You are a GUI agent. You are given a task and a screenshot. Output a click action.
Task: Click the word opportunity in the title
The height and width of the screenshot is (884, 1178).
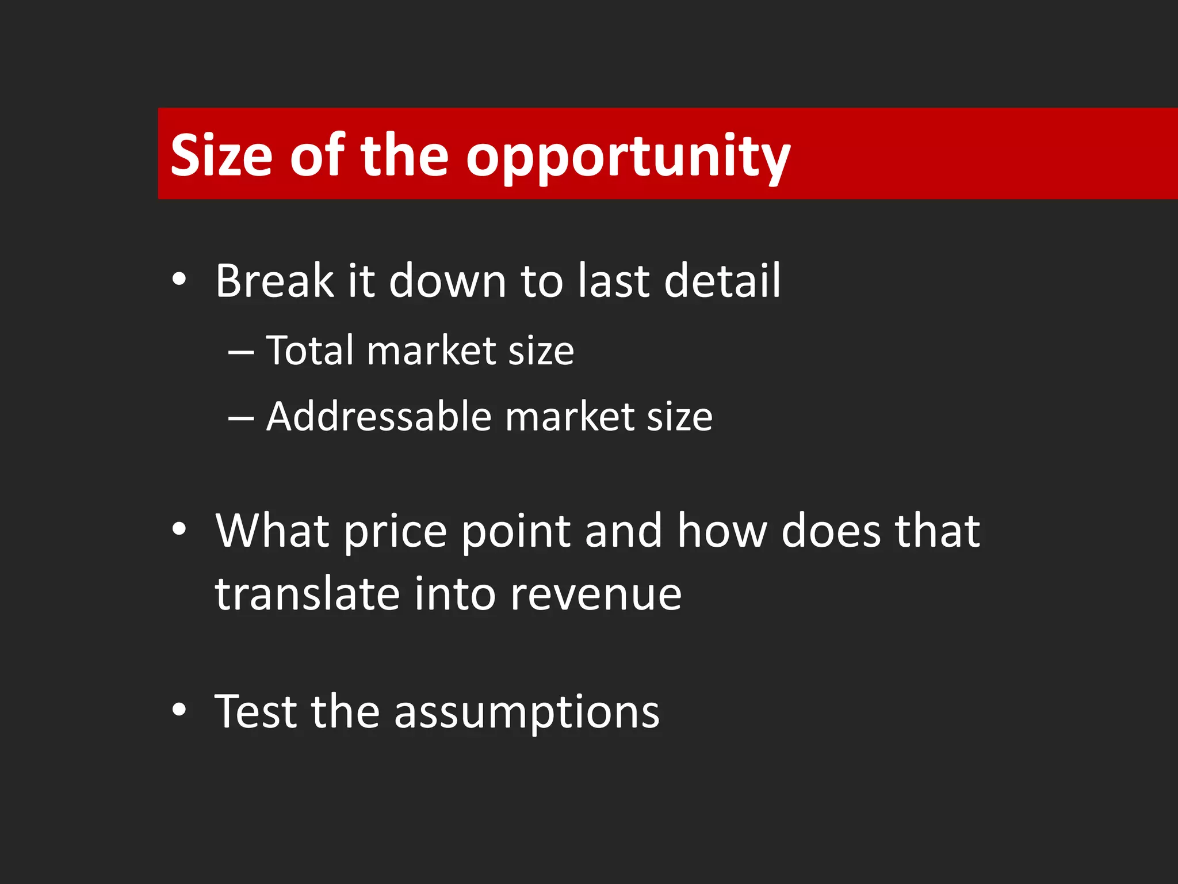(x=628, y=157)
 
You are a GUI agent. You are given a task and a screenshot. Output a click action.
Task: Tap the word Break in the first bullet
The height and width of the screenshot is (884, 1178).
(x=274, y=281)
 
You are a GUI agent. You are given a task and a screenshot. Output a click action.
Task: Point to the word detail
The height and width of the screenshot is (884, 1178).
(x=722, y=281)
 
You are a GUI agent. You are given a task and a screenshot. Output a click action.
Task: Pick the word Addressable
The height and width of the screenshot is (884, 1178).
(x=379, y=416)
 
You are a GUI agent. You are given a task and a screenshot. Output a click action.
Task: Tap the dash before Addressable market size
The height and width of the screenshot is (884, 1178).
(x=241, y=417)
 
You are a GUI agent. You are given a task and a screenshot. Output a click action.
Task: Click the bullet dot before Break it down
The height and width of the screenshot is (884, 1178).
(x=179, y=280)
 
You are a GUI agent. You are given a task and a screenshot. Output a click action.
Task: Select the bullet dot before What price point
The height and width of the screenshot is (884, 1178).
(x=179, y=529)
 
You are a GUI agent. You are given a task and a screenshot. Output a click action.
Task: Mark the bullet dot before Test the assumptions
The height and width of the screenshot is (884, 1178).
(x=179, y=710)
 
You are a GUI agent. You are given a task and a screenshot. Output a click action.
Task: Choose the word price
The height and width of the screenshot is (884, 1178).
(x=396, y=532)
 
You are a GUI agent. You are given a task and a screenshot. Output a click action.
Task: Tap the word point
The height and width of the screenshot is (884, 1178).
(x=516, y=532)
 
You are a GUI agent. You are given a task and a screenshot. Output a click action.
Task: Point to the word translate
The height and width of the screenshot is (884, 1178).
(x=307, y=594)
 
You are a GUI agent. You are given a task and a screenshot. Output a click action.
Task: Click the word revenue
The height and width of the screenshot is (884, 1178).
(x=596, y=595)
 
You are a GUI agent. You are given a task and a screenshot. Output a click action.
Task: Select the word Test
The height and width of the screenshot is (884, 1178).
(x=256, y=711)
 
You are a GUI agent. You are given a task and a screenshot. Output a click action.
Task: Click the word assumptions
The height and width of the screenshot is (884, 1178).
(x=526, y=714)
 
